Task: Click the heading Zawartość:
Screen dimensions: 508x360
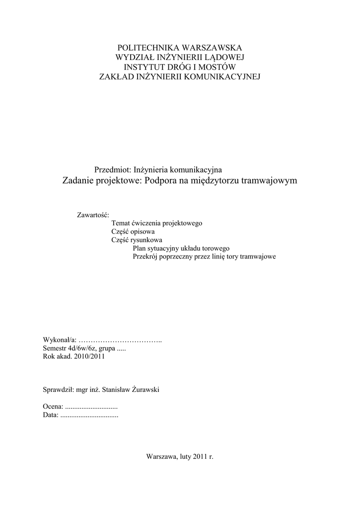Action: (x=93, y=215)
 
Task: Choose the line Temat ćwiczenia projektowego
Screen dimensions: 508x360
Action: (x=157, y=224)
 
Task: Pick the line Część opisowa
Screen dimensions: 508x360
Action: (x=134, y=232)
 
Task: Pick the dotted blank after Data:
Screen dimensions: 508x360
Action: (x=89, y=415)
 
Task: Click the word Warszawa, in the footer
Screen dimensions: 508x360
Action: (x=161, y=456)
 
